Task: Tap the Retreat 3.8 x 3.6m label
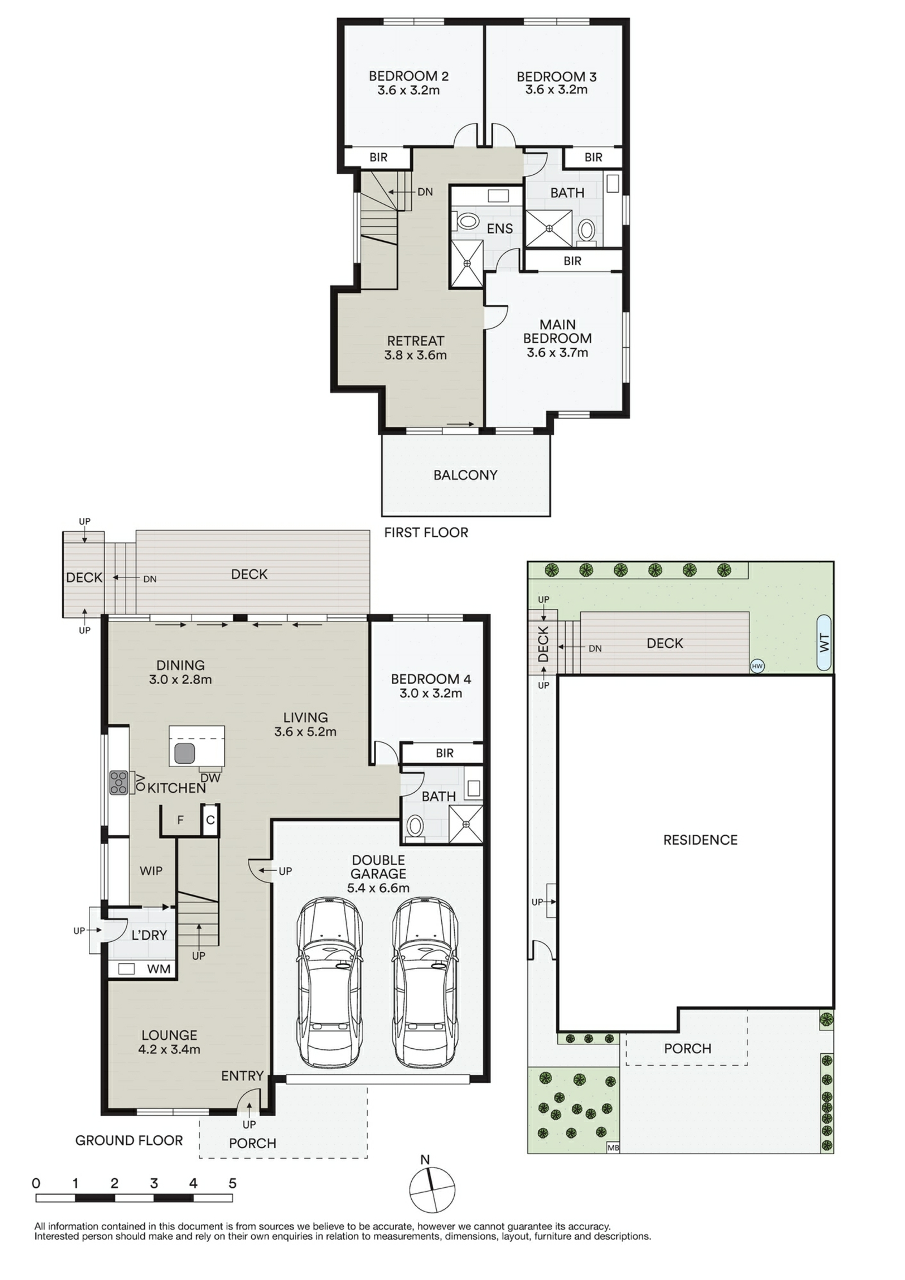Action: (x=415, y=348)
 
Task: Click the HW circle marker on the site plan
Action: (x=756, y=666)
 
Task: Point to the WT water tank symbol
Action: (x=824, y=643)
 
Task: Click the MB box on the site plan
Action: (x=613, y=1147)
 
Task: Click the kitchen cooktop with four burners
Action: (x=119, y=782)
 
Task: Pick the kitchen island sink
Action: (x=184, y=753)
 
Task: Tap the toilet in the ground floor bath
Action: (x=415, y=828)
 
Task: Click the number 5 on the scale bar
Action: (x=232, y=1183)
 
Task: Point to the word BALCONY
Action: (x=465, y=475)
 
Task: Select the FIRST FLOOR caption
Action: (x=426, y=533)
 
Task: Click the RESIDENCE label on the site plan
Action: (x=700, y=840)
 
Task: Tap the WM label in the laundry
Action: (x=158, y=968)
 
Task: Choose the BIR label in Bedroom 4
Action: (x=445, y=753)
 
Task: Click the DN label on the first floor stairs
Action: (x=425, y=192)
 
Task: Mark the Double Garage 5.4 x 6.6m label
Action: (x=378, y=873)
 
